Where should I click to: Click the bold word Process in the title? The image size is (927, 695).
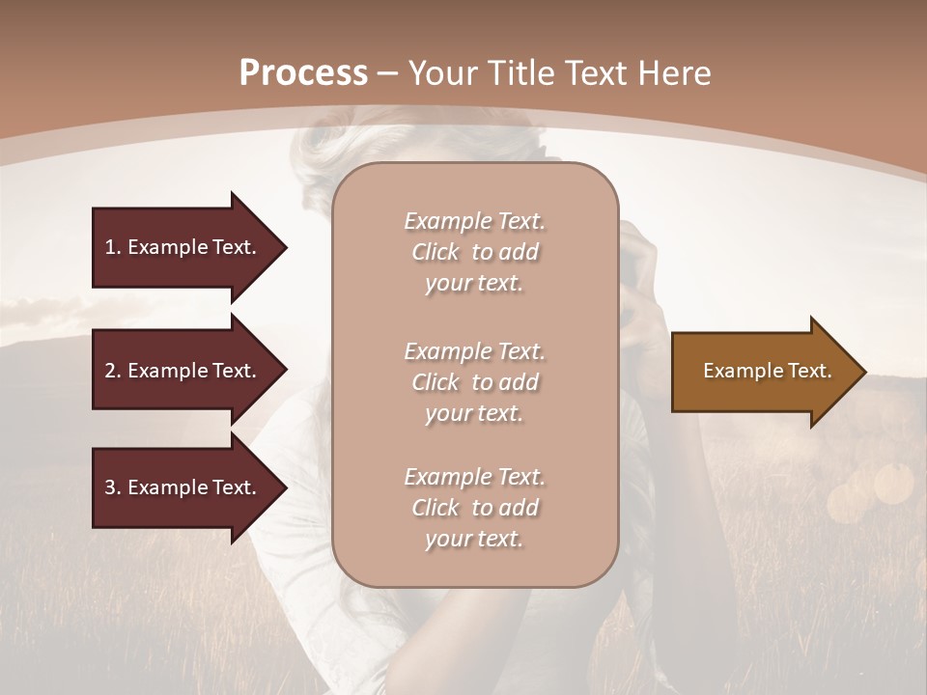303,73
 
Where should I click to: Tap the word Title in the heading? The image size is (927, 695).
517,73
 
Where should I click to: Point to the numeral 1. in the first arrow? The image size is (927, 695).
112,247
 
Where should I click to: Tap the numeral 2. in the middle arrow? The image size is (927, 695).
112,371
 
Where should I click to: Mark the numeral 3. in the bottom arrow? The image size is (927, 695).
112,487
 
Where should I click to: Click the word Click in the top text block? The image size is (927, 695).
435,252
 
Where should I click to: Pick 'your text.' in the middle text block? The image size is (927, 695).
474,413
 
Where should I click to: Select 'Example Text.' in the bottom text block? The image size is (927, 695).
474,477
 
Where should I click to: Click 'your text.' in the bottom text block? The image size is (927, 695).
474,540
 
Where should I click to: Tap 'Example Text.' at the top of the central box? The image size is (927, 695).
474,221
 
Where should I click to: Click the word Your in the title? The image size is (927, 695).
438,73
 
